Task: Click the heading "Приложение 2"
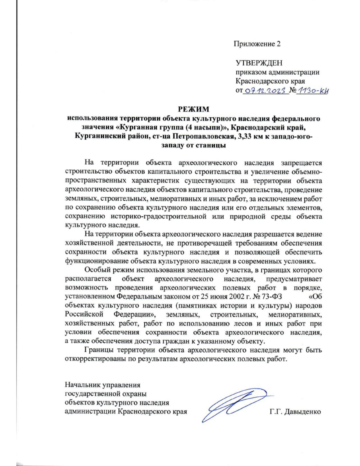tap(257, 44)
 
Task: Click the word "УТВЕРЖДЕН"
tap(259, 63)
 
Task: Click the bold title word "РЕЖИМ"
tap(193, 109)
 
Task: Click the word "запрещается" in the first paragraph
tap(301, 163)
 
